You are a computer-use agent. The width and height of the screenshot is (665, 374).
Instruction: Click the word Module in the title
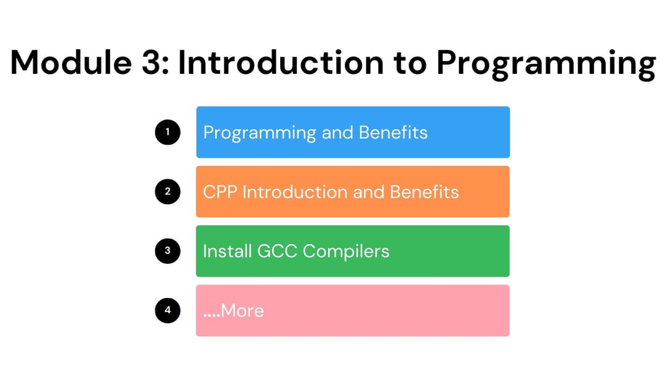click(x=71, y=63)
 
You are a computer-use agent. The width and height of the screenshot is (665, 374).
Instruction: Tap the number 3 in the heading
click(x=155, y=63)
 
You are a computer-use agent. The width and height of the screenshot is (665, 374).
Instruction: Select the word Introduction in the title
click(x=281, y=63)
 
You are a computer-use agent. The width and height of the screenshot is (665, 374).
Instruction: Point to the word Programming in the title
click(x=546, y=65)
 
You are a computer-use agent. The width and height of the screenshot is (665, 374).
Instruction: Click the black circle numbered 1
click(x=167, y=132)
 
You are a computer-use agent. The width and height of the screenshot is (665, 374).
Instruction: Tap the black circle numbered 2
click(x=167, y=191)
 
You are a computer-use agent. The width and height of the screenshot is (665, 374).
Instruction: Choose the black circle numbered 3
click(x=167, y=251)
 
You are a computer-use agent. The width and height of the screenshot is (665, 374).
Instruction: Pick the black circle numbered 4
click(x=167, y=311)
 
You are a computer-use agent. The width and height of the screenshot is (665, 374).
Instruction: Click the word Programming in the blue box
click(x=260, y=133)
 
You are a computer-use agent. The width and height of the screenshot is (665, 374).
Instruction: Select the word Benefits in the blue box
click(x=393, y=132)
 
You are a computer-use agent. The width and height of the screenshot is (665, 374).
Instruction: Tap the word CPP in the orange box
click(x=220, y=192)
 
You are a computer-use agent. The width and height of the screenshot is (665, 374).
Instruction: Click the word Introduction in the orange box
click(x=295, y=192)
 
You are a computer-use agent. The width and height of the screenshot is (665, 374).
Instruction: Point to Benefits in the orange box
click(x=424, y=192)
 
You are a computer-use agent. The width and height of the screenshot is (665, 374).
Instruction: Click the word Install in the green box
click(x=227, y=251)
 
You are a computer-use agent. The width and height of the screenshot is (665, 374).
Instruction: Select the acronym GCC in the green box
click(x=277, y=251)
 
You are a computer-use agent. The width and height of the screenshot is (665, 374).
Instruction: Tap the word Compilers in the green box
click(x=345, y=252)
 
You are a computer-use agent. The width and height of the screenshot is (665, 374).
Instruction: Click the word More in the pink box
click(x=242, y=311)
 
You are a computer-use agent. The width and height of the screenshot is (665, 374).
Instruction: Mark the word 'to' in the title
click(x=409, y=63)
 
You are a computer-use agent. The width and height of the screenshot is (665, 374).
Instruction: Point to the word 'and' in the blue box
click(x=337, y=132)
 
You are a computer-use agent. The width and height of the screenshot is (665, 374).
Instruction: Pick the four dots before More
click(x=212, y=316)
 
